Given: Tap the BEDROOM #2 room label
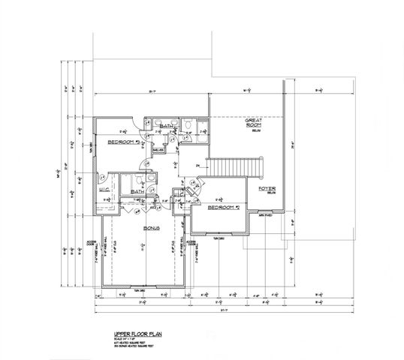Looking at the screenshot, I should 223,207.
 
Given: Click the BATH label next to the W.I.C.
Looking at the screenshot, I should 138,192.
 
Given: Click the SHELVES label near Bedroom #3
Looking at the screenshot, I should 158,150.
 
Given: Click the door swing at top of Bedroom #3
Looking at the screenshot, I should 133,120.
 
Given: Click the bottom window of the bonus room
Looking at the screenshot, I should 141,288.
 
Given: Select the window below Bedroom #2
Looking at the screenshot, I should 219,238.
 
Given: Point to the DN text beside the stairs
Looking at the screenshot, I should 197,164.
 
